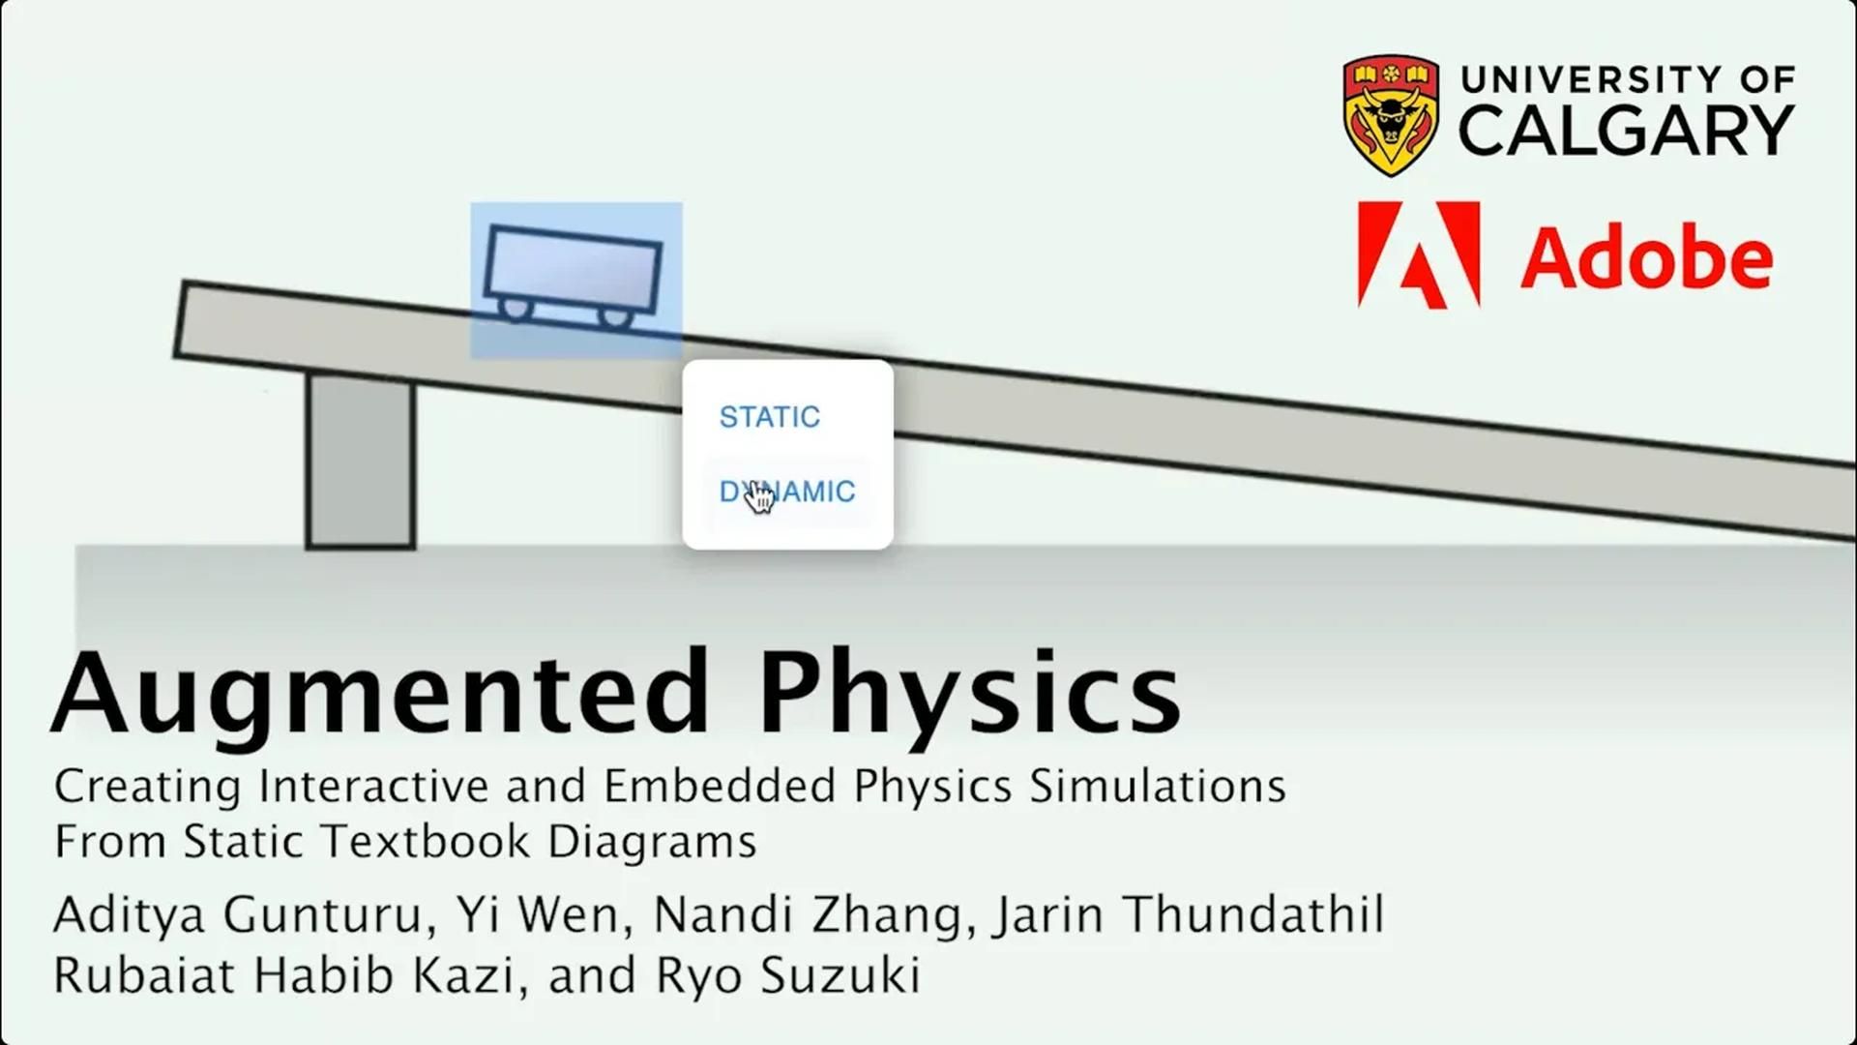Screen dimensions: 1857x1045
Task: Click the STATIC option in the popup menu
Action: tap(769, 417)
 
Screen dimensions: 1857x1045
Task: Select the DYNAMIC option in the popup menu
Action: tap(787, 492)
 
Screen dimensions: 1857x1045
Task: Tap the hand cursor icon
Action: tap(760, 497)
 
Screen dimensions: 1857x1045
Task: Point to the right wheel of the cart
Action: tap(613, 317)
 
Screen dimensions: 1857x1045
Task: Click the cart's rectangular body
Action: tap(574, 268)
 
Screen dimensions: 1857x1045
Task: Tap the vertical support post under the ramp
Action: tap(361, 461)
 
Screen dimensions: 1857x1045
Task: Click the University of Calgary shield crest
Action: tap(1391, 115)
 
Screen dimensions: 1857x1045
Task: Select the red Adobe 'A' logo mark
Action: tap(1419, 254)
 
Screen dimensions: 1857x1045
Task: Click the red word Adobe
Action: tap(1647, 257)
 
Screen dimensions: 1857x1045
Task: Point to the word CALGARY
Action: tap(1627, 131)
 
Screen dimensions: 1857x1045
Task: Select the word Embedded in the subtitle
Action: tap(720, 786)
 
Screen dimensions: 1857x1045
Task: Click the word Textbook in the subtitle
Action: tap(426, 841)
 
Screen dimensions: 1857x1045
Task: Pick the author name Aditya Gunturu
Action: tap(238, 915)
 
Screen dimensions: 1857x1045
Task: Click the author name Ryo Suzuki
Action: tap(787, 975)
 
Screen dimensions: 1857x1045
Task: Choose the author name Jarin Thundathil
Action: tap(1190, 914)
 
